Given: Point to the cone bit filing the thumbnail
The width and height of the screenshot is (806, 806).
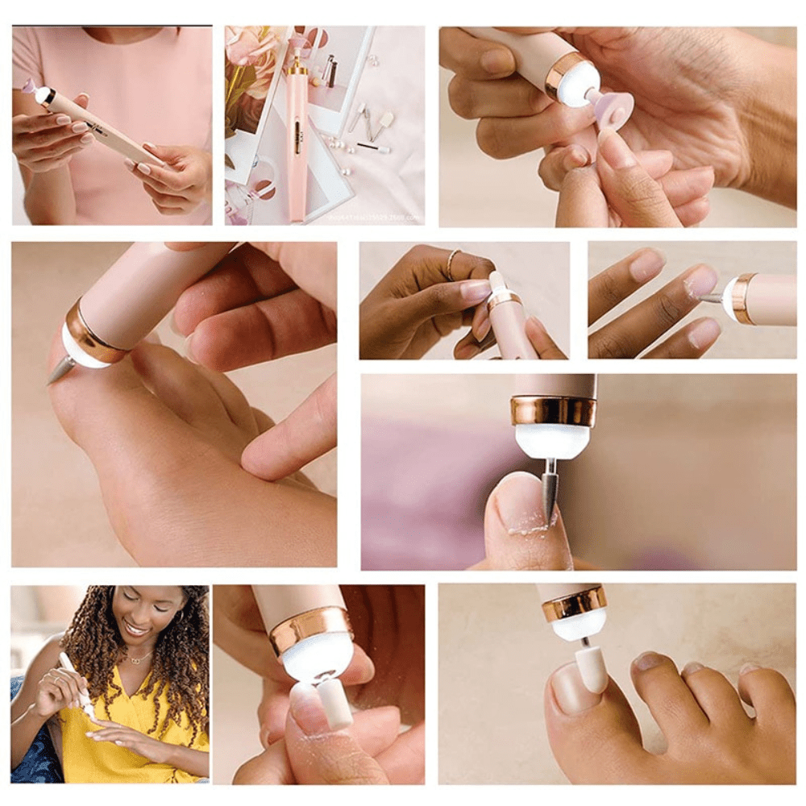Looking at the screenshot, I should (550, 493).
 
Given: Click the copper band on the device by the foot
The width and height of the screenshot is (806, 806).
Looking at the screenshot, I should (92, 331).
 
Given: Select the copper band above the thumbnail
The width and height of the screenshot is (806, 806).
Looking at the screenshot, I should (554, 410).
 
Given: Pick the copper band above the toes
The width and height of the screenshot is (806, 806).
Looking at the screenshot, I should (574, 604).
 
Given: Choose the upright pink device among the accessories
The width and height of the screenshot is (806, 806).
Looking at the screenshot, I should (297, 137).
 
